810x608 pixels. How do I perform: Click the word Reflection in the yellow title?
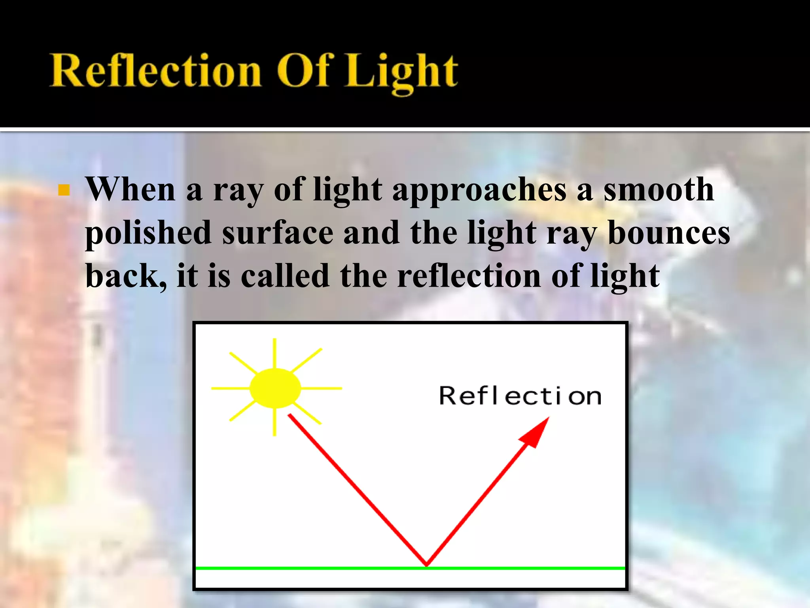pyautogui.click(x=155, y=71)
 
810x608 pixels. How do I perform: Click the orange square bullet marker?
pyautogui.click(x=64, y=190)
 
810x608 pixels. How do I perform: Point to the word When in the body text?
pyautogui.click(x=131, y=189)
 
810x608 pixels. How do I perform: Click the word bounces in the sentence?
pyautogui.click(x=668, y=233)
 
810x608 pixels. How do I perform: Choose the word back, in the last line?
pyautogui.click(x=126, y=276)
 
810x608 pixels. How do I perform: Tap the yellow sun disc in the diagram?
pyautogui.click(x=275, y=388)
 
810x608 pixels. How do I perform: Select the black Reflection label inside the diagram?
pyautogui.click(x=520, y=396)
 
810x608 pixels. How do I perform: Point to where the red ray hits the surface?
pyautogui.click(x=426, y=564)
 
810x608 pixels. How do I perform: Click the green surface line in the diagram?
pyautogui.click(x=316, y=568)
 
